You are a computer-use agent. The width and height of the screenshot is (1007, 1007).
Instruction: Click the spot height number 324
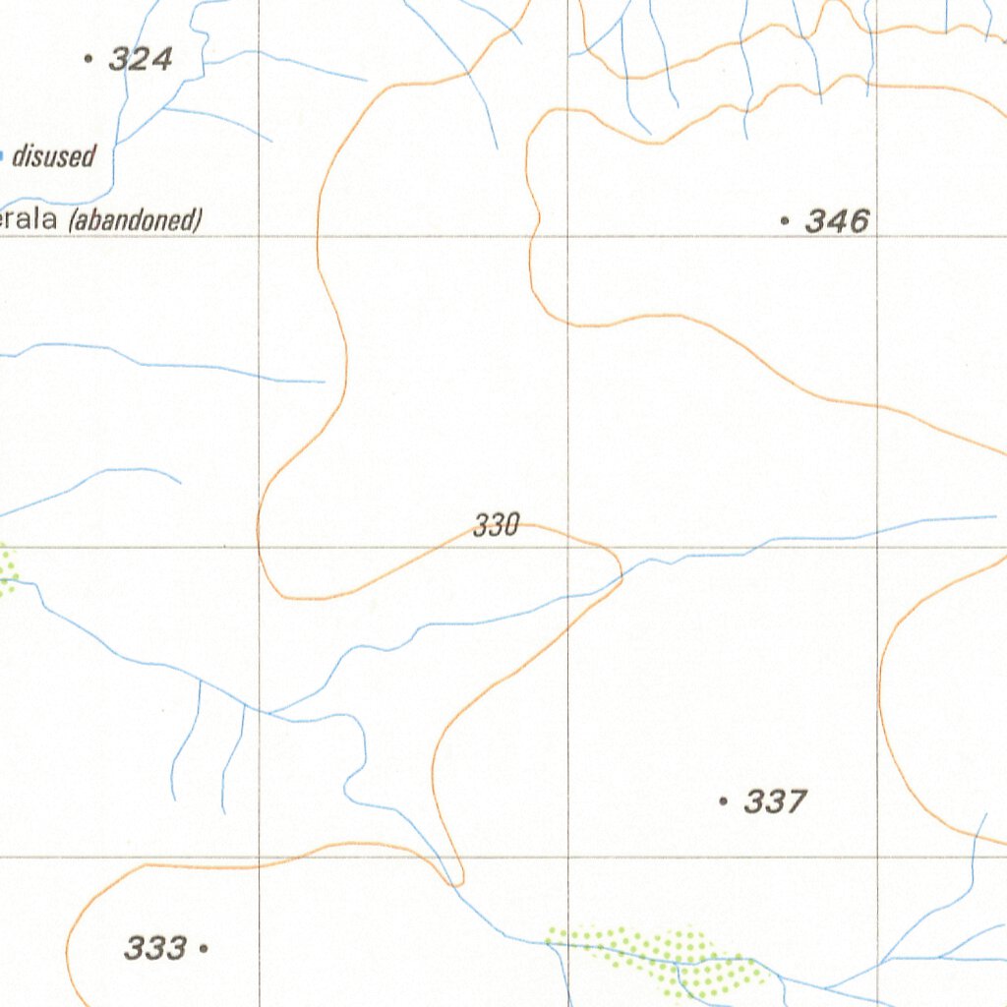tap(141, 60)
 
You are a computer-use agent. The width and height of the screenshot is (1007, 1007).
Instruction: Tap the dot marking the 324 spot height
tap(89, 60)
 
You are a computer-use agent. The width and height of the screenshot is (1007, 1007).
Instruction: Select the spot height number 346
tap(837, 221)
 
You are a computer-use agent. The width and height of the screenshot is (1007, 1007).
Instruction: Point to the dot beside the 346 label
tap(784, 221)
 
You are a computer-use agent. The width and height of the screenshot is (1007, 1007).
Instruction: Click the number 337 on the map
tap(775, 802)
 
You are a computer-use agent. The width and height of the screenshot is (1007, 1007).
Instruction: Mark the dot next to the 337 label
tap(723, 802)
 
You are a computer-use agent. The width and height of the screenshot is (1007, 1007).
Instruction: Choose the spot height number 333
tap(154, 949)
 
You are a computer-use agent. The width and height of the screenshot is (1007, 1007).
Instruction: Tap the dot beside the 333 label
tap(203, 949)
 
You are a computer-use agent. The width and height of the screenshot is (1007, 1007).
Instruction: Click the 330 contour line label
tap(496, 526)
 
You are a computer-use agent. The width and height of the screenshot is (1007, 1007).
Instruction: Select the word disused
tap(53, 155)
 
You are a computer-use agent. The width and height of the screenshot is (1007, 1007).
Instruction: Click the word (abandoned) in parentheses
tap(136, 220)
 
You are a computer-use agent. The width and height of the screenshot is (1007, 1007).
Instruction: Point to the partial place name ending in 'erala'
tap(30, 220)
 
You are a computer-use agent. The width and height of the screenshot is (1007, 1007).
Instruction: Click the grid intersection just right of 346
tap(877, 236)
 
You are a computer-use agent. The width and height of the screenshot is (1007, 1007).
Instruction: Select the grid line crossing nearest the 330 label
tap(568, 546)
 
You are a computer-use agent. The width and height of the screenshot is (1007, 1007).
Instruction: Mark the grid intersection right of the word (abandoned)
tap(259, 236)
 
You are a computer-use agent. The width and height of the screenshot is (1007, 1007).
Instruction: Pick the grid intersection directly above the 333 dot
tap(259, 857)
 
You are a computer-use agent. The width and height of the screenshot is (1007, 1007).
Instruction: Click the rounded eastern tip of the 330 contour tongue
tap(621, 568)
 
